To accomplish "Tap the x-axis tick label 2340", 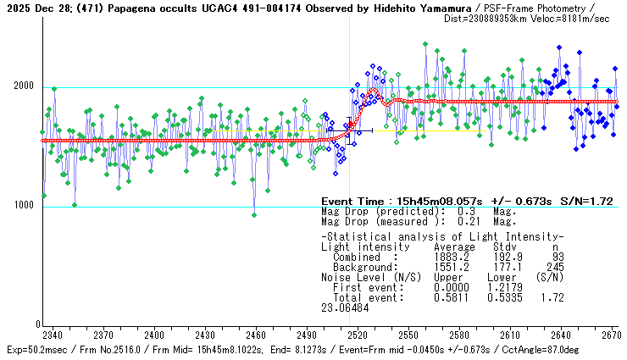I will [x=52, y=335].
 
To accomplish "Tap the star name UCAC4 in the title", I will [x=210, y=7].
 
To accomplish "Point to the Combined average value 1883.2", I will [x=450, y=257].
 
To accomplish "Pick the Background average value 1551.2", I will [x=450, y=267].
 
